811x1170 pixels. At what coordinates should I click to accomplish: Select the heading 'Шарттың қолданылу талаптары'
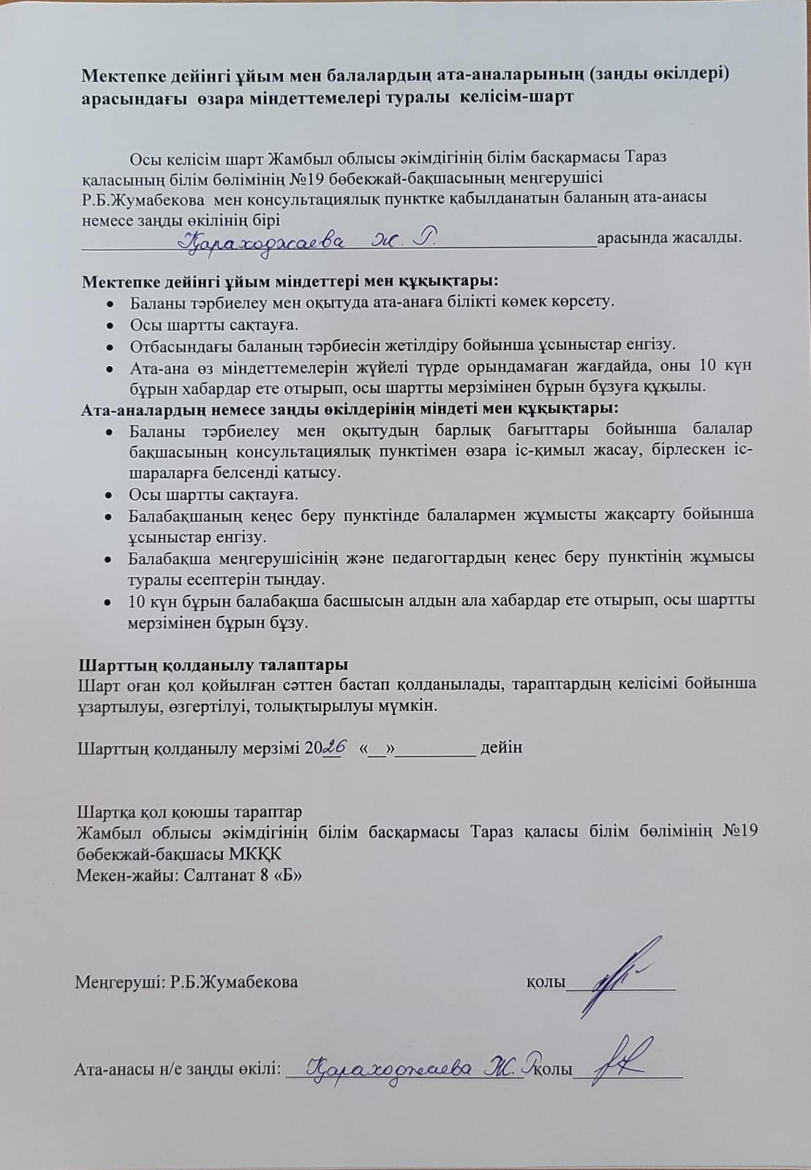213,665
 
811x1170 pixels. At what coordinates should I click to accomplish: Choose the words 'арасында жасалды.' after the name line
668,238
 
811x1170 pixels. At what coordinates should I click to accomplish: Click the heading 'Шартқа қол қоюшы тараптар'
189,812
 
